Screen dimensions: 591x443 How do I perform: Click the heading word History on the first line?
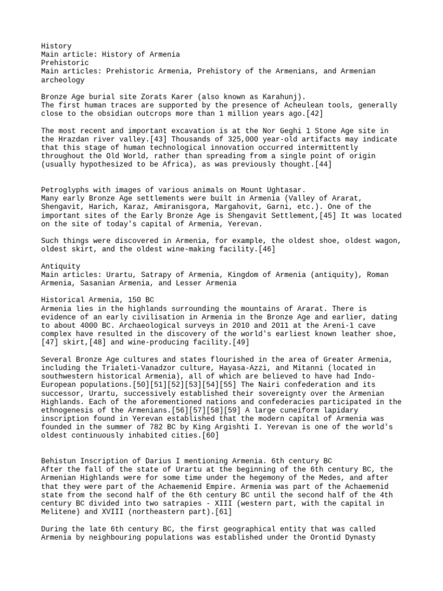(57, 45)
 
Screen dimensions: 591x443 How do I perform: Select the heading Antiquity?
(61, 267)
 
